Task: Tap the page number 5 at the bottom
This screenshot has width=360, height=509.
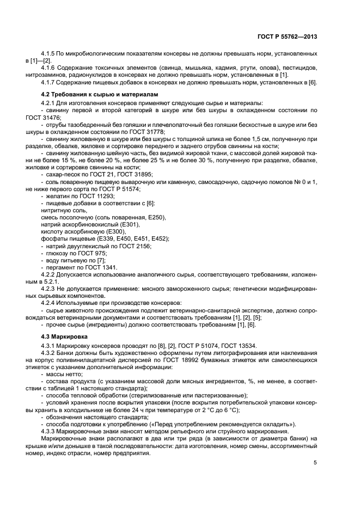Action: pos(315,463)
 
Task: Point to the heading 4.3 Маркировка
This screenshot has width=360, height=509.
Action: pos(64,336)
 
